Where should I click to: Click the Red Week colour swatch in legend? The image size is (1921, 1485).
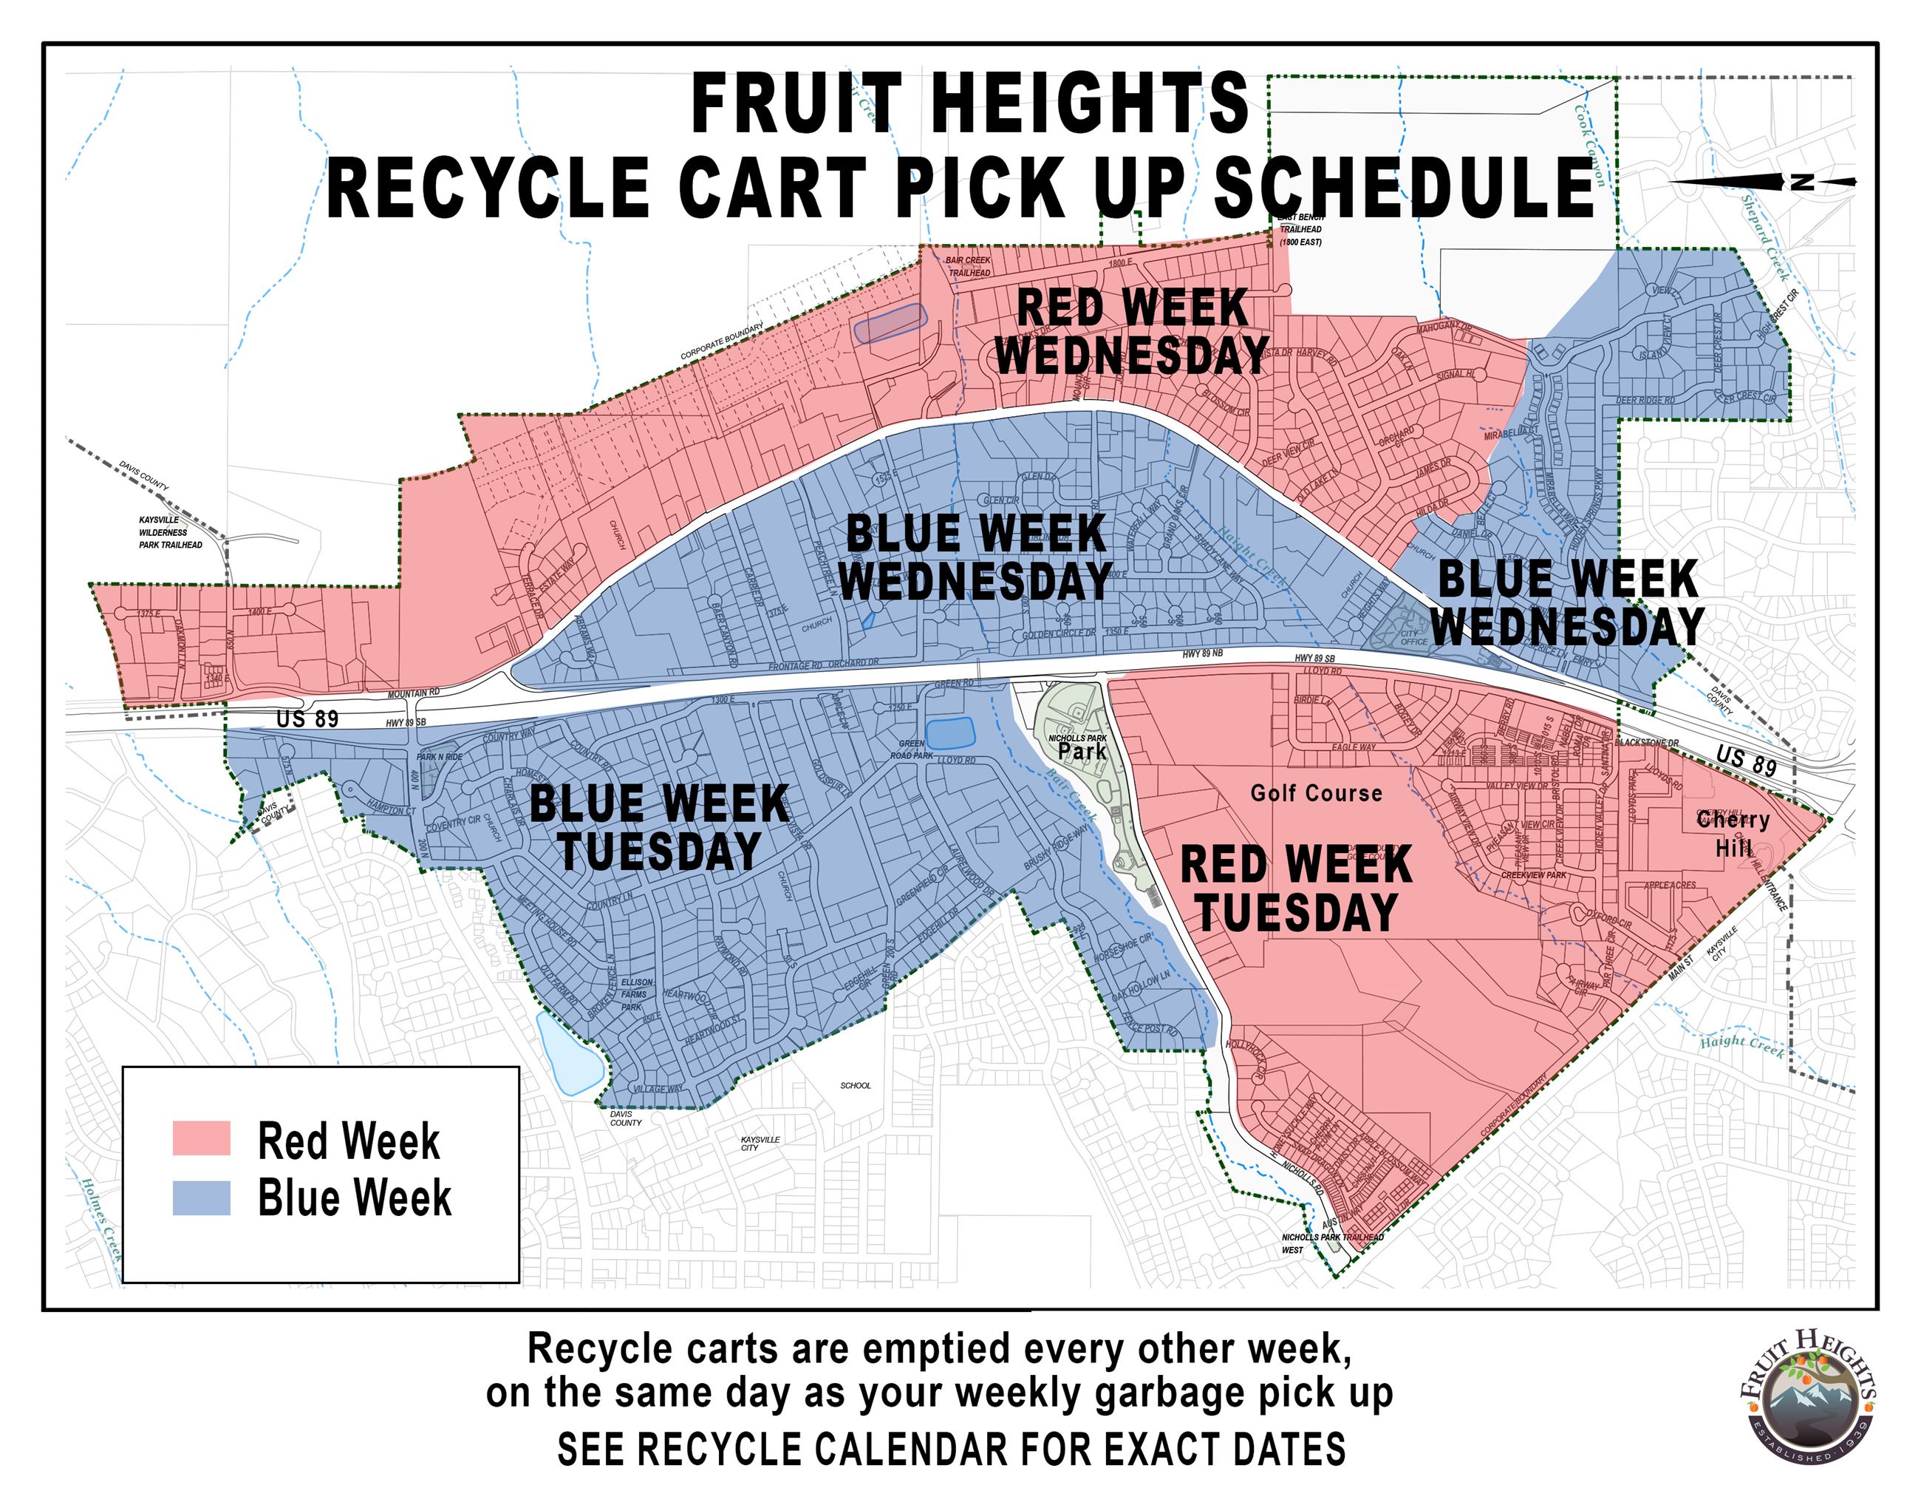202,1138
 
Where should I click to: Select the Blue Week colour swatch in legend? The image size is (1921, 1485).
202,1197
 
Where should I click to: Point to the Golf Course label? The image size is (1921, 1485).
1316,794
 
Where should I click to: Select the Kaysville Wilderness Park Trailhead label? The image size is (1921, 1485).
169,532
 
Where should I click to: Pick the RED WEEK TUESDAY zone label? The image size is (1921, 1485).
1296,888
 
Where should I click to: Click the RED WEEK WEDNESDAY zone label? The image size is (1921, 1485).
1132,332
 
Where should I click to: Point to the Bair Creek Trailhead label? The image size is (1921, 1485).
969,267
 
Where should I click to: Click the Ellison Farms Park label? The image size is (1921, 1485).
637,994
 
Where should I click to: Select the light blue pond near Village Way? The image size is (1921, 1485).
568,1056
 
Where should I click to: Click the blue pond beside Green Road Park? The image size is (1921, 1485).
951,733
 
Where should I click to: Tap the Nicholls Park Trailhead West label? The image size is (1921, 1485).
1331,1243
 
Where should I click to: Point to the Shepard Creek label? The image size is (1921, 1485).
1765,237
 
